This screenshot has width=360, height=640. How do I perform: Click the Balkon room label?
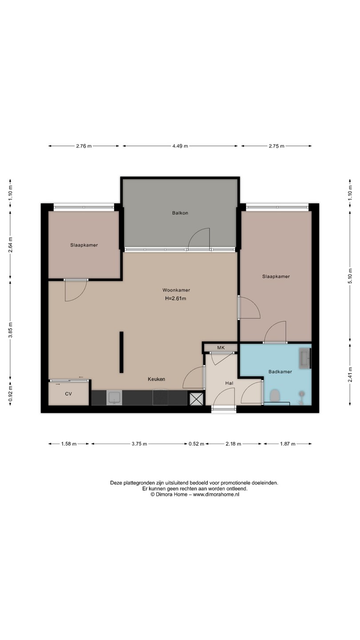pyautogui.click(x=180, y=213)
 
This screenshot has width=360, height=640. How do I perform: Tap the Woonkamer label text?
pyautogui.click(x=176, y=290)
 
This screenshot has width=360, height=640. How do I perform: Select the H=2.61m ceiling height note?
pyautogui.click(x=176, y=299)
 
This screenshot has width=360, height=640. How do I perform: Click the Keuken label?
pyautogui.click(x=156, y=379)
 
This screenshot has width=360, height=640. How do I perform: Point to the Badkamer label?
pyautogui.click(x=280, y=372)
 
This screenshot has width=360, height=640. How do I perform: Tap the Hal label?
pyautogui.click(x=229, y=383)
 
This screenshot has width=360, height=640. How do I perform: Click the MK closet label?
pyautogui.click(x=221, y=348)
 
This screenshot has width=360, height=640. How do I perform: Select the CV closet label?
pyautogui.click(x=68, y=394)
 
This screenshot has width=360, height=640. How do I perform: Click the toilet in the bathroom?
pyautogui.click(x=275, y=396)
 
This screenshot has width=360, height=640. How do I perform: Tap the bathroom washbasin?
pyautogui.click(x=304, y=358)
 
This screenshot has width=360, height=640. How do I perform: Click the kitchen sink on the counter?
pyautogui.click(x=114, y=398)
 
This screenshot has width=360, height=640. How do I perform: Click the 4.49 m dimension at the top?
pyautogui.click(x=180, y=146)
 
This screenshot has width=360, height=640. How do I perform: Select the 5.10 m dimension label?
pyautogui.click(x=350, y=276)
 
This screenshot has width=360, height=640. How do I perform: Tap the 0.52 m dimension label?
pyautogui.click(x=196, y=444)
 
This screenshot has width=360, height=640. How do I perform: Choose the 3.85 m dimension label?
pyautogui.click(x=10, y=330)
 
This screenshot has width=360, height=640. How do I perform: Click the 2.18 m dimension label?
pyautogui.click(x=233, y=444)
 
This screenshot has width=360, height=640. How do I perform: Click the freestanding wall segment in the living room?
pyautogui.click(x=121, y=352)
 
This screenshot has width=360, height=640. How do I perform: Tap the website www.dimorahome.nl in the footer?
pyautogui.click(x=216, y=494)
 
